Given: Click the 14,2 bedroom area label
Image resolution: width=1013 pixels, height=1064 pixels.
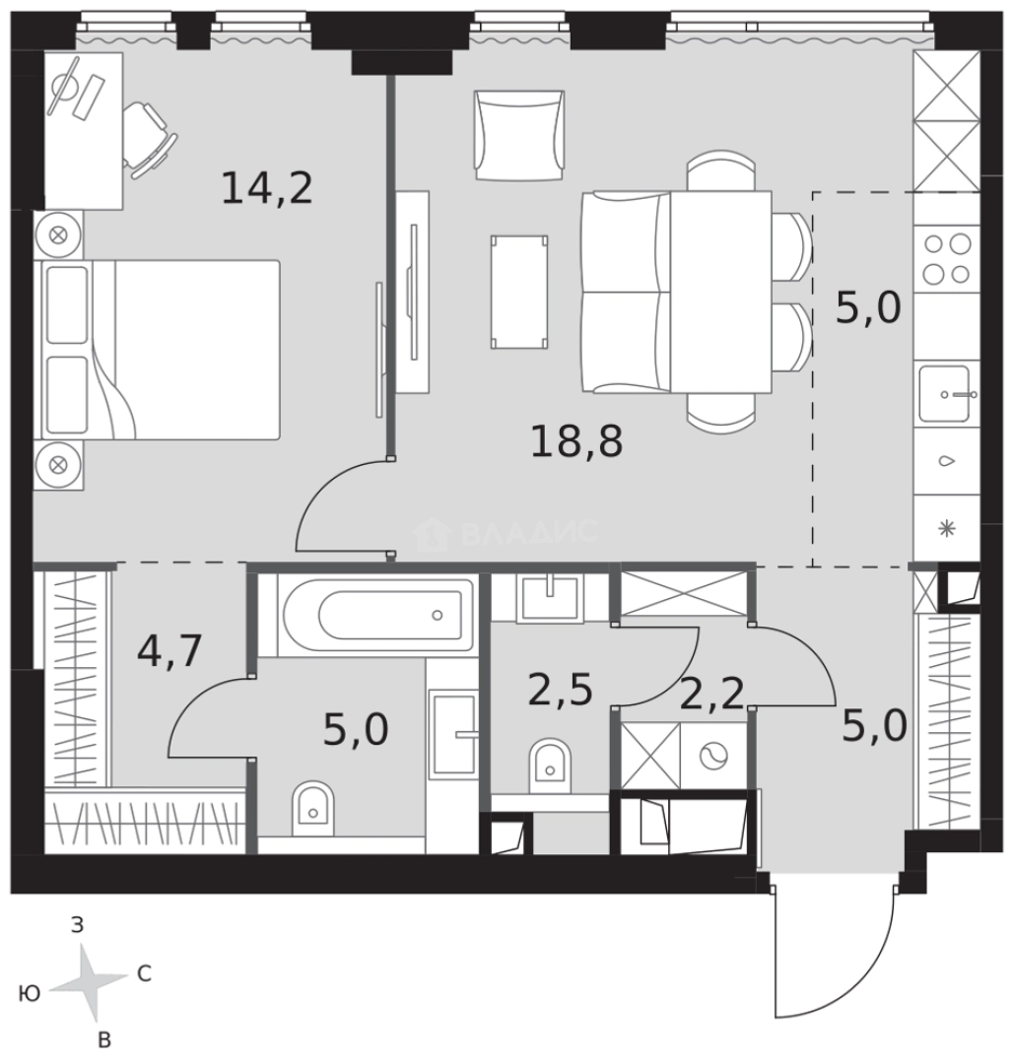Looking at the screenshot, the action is click(x=267, y=188).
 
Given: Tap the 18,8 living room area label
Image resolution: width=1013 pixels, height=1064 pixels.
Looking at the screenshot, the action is click(x=576, y=440).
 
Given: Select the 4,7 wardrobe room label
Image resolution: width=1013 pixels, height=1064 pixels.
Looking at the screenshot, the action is click(x=169, y=650).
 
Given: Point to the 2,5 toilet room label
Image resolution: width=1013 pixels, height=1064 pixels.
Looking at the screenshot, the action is click(x=560, y=690).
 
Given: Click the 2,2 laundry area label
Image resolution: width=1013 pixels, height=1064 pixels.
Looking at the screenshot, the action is click(x=711, y=694).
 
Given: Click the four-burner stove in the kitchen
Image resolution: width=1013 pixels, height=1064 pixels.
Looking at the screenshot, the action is click(x=947, y=258).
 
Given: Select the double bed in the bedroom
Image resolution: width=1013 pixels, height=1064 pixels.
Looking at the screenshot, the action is click(x=162, y=350).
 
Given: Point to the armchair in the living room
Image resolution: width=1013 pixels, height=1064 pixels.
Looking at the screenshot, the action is click(x=519, y=136).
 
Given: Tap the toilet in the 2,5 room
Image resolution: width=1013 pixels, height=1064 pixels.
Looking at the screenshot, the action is click(x=550, y=766).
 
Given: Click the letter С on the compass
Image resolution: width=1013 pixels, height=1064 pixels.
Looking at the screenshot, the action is click(x=144, y=973).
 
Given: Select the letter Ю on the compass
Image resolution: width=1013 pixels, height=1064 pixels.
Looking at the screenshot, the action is click(x=30, y=993).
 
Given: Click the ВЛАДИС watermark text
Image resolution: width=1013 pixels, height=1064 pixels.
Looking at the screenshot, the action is click(x=530, y=533).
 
